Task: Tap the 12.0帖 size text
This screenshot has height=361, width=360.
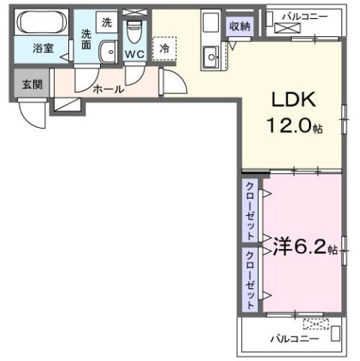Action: click(x=294, y=128)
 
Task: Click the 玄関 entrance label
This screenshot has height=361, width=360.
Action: click(x=31, y=83)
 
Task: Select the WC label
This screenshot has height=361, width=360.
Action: click(x=135, y=55)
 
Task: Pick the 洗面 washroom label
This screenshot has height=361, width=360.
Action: click(x=87, y=39)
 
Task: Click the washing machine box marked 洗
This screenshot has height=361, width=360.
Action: click(x=107, y=23)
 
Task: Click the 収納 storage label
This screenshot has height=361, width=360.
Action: click(x=241, y=26)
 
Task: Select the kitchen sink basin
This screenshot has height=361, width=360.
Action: click(x=210, y=53)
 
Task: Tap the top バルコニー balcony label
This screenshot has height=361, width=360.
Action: click(x=305, y=16)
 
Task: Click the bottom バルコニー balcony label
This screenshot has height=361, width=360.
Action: click(x=295, y=338)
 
